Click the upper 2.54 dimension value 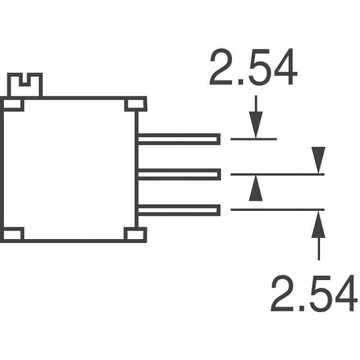pos(254,66)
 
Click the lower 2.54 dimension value pos(314,293)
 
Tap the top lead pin pos(179,139)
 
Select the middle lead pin pos(179,174)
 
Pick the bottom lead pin pos(179,210)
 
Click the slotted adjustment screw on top pos(25,85)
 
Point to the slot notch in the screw pos(25,80)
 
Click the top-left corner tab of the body pos(12,105)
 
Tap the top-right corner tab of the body pos(136,105)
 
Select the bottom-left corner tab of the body pos(12,235)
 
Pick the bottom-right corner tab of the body pos(135,235)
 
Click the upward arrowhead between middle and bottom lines pos(256,188)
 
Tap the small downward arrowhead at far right pos(318,160)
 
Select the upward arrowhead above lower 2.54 pos(318,224)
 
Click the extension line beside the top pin pos(254,139)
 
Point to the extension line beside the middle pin pos(277,174)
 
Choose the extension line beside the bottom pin pos(277,210)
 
